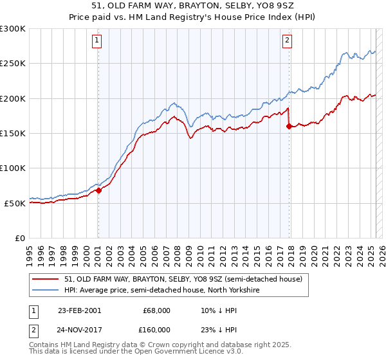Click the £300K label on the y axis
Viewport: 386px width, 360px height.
[x=13, y=29]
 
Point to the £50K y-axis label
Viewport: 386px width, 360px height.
[x=15, y=203]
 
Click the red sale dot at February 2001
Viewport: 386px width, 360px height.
[x=98, y=190]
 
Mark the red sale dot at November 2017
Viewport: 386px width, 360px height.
[x=289, y=126]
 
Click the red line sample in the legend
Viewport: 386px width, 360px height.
[x=46, y=279]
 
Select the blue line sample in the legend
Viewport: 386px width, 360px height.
[x=46, y=290]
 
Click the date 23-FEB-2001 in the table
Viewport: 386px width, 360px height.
[x=79, y=310]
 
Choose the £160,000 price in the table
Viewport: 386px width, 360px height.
[x=156, y=330]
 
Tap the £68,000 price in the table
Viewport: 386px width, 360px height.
[x=156, y=310]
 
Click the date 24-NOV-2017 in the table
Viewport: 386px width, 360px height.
[x=79, y=330]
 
